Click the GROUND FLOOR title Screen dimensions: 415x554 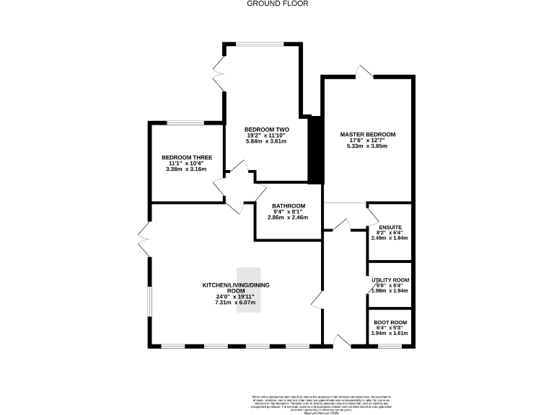coord(277,4)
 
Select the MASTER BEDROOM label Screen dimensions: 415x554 coord(368,134)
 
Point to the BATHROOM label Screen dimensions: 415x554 coord(288,205)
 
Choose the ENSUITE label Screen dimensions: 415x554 coord(390,228)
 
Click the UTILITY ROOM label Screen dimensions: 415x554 coord(390,280)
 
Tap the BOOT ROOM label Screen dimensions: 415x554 coord(390,322)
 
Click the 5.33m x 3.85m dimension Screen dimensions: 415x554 coord(368,146)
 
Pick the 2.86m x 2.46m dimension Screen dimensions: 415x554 coord(288,218)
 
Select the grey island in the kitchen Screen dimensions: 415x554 coord(247,290)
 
